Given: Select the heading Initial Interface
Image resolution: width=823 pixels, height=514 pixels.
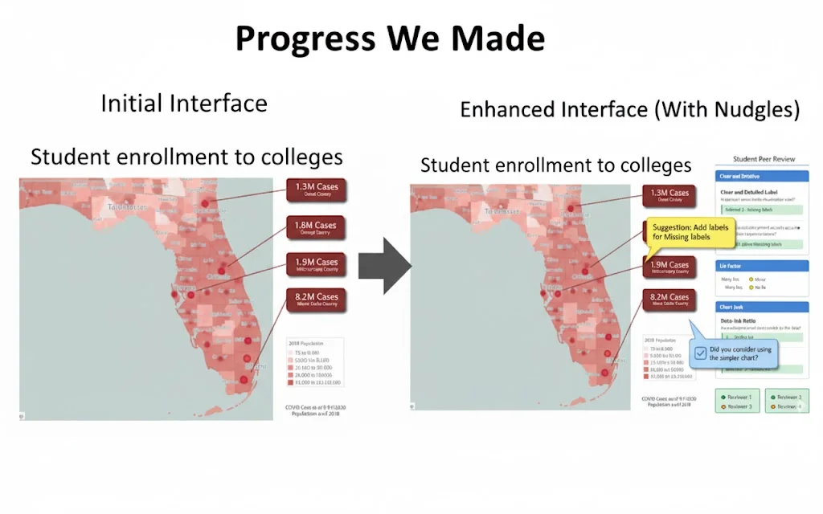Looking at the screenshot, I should tap(184, 104).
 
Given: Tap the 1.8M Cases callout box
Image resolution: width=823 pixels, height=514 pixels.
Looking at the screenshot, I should tap(316, 229).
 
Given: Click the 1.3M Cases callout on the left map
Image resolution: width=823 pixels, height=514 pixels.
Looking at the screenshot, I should tap(316, 190).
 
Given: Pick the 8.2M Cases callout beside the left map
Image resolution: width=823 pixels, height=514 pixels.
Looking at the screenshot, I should tap(316, 300).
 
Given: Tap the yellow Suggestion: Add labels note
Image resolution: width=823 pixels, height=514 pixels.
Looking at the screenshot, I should tap(690, 232).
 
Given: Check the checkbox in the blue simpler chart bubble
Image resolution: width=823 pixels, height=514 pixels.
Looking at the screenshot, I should tap(701, 352).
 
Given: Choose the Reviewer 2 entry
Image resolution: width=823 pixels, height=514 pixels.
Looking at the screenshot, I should tap(785, 397).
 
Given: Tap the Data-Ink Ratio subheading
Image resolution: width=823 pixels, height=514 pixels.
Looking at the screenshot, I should tap(740, 320).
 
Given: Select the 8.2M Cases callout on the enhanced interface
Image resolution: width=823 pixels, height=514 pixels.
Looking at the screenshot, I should tap(669, 300).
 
